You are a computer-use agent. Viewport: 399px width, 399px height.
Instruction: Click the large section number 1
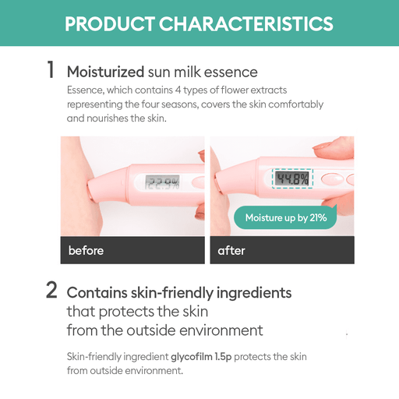(x=51, y=71)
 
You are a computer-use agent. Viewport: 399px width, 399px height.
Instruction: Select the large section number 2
(x=51, y=291)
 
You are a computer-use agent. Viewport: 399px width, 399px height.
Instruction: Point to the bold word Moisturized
(x=105, y=72)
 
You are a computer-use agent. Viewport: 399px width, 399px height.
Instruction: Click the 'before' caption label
(x=86, y=250)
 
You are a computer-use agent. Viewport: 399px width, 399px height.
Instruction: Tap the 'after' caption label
(x=231, y=250)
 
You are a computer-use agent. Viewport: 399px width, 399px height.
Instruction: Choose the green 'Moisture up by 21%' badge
(x=285, y=217)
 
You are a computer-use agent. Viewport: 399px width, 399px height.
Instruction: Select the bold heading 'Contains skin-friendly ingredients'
(x=179, y=293)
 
